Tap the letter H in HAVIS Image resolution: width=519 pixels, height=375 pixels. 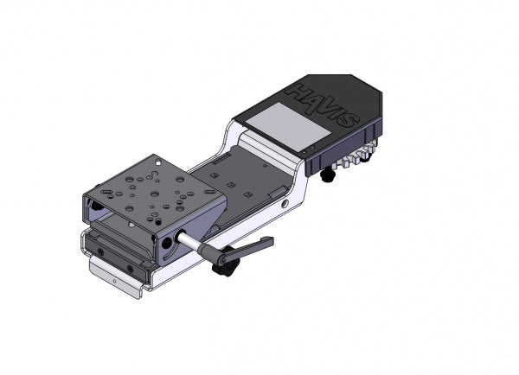(299, 90)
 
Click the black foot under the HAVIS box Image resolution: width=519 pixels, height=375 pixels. (328, 175)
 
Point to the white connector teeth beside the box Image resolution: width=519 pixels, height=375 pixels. (356, 158)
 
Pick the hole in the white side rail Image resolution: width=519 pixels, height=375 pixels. (285, 204)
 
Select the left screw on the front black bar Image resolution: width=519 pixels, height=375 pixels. (100, 251)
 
